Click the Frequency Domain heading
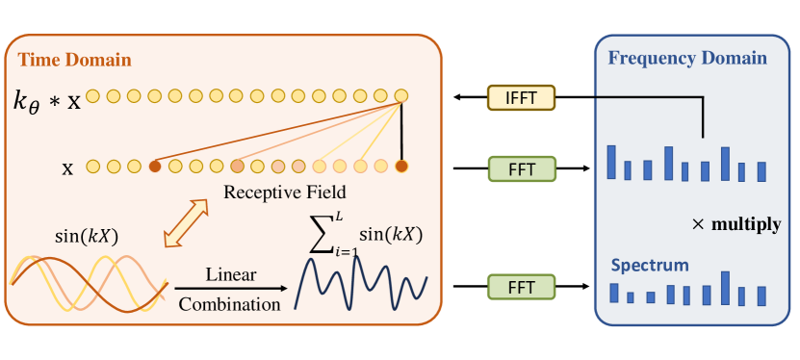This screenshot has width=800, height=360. point(687,58)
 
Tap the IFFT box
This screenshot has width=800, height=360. point(521,97)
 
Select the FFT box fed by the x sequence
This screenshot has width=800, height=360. point(521,169)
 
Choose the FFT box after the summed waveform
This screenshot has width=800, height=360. point(521,286)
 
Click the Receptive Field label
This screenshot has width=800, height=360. point(284,193)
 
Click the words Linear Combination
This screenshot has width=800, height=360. point(231,289)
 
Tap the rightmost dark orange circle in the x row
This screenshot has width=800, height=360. point(401,167)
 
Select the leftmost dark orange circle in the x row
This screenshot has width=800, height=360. point(154,167)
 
